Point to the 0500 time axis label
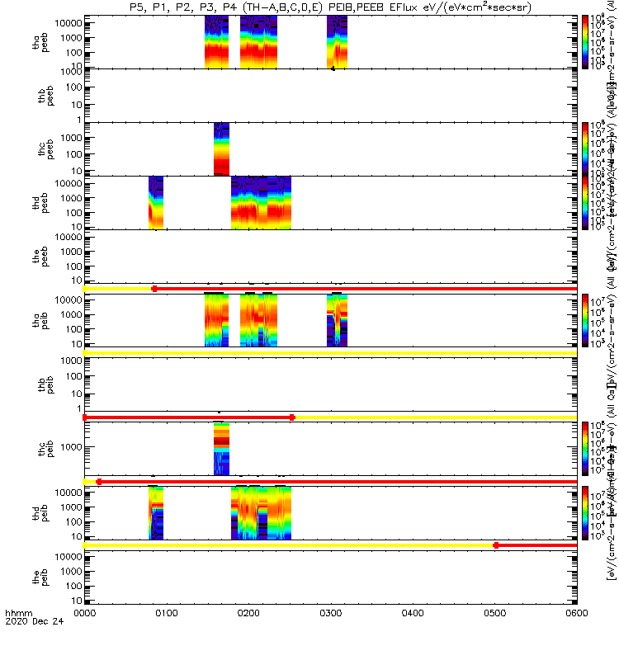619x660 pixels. (x=412, y=638)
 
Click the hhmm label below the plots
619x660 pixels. (x=18, y=638)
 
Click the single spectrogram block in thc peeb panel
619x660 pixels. (x=221, y=148)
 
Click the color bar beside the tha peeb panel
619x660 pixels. (x=585, y=41)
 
